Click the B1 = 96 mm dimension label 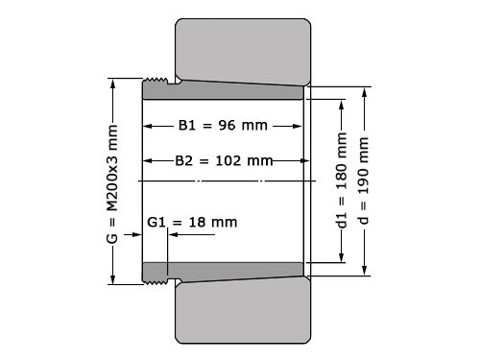[222, 125]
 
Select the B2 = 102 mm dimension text [225, 159]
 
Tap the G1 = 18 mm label [192, 222]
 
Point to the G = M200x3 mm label [114, 181]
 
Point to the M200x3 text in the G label [114, 169]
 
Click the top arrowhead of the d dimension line [364, 92]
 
